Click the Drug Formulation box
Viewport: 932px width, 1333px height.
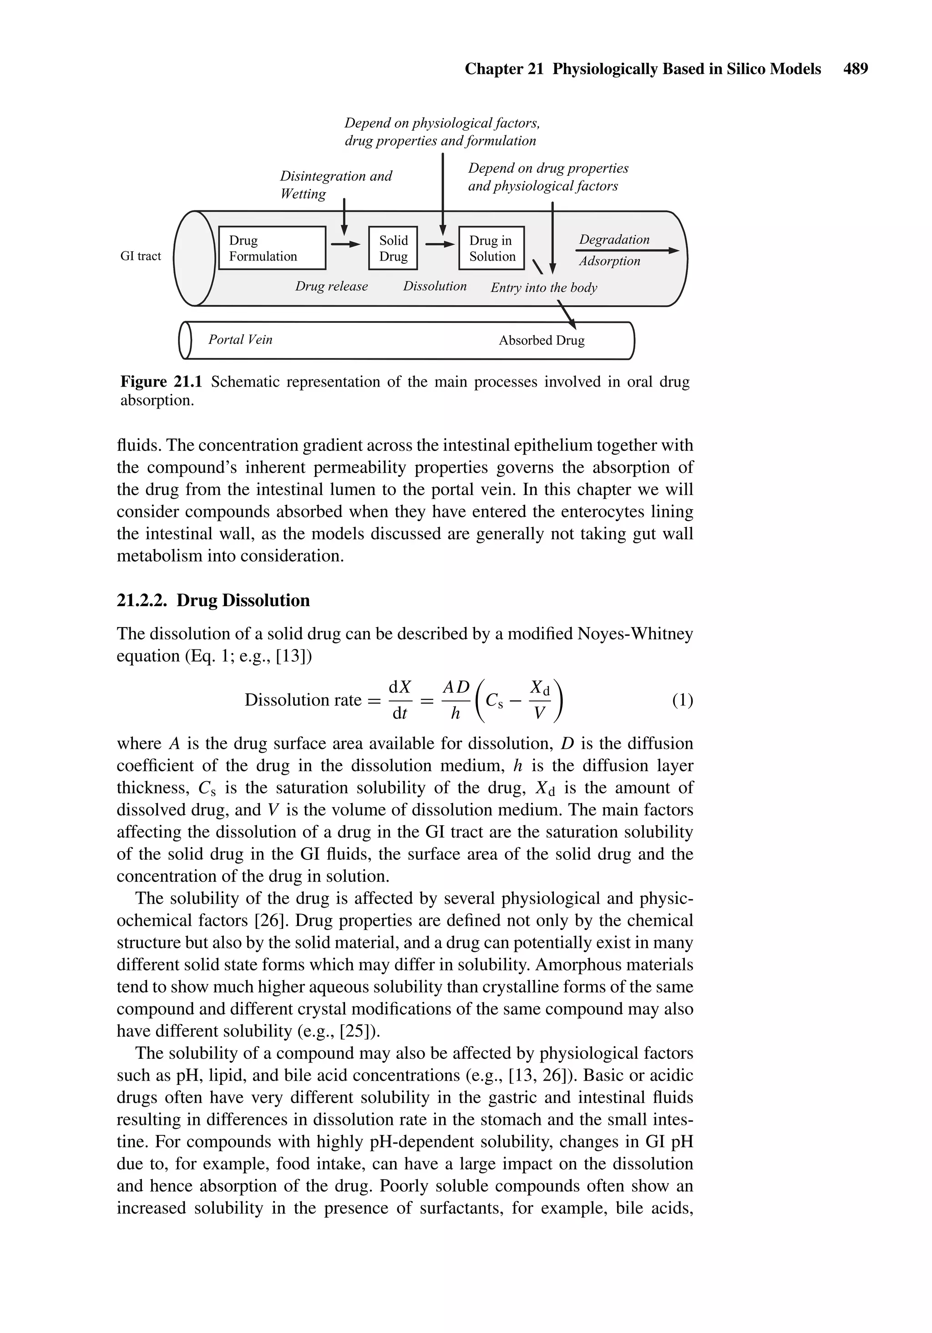(272, 248)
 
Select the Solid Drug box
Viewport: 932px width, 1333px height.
(393, 248)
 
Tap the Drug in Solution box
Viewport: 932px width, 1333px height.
(491, 248)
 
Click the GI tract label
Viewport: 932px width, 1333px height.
(141, 256)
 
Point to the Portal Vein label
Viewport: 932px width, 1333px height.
(240, 340)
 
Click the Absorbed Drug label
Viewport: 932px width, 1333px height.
(542, 341)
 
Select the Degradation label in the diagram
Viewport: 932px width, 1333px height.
(614, 239)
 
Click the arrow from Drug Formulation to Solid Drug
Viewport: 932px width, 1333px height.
(346, 245)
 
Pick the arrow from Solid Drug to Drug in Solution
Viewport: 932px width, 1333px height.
(439, 245)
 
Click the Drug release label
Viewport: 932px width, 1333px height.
(331, 286)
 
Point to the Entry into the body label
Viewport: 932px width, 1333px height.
(543, 287)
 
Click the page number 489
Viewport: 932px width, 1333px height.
(856, 69)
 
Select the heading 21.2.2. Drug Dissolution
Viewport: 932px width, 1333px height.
(213, 600)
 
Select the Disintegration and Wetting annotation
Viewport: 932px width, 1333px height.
(335, 184)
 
